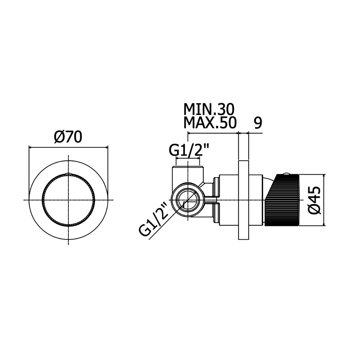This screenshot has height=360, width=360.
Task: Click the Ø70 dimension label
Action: (x=68, y=138)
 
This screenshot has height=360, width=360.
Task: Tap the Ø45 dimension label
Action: (x=314, y=200)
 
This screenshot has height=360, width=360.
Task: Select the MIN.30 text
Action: (x=209, y=109)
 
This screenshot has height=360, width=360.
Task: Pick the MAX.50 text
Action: (x=210, y=123)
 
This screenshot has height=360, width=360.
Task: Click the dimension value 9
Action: (x=258, y=123)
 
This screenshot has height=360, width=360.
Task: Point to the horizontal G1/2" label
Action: (x=189, y=150)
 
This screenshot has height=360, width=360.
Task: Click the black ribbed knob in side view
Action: (x=282, y=200)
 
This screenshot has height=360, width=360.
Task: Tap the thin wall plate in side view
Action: (x=243, y=200)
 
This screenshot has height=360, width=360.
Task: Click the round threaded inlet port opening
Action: (x=188, y=200)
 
